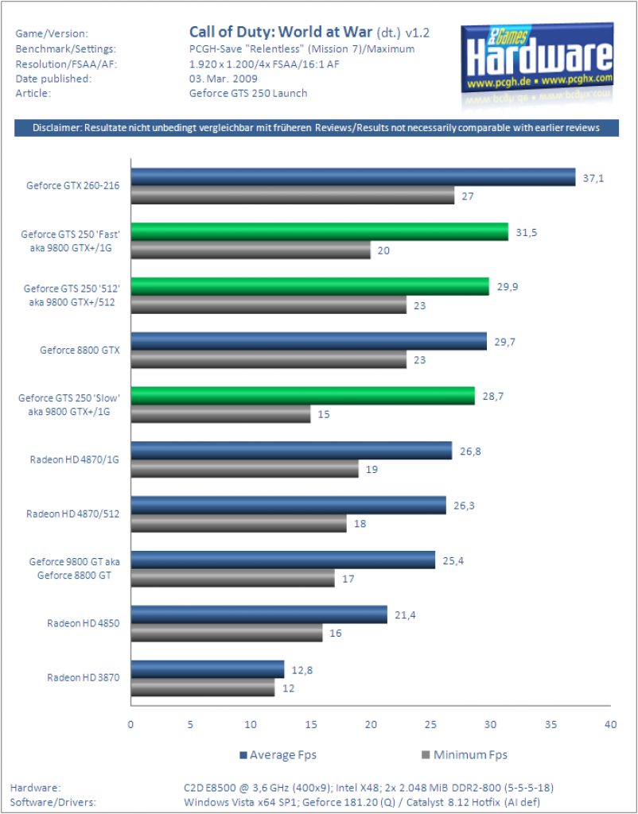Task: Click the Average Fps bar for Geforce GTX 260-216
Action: coord(353,177)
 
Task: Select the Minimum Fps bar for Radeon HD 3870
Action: coord(203,688)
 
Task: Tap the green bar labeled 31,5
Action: coord(320,231)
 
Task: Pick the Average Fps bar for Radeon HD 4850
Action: coord(259,614)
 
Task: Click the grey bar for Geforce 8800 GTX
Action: coord(269,359)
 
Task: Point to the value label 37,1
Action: coord(593,179)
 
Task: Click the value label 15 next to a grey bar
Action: coord(324,414)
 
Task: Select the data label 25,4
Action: coord(453,560)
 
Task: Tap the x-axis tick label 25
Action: coord(430,724)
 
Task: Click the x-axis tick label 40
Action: coord(610,724)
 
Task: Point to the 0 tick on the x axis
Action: coord(130,724)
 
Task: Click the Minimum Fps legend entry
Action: coord(465,755)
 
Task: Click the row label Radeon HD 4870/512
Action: coord(72,514)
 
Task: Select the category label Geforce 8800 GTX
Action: coord(80,350)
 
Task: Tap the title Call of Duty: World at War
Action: coord(281,32)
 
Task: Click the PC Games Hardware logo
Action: coord(537,60)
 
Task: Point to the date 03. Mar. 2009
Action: coord(224,79)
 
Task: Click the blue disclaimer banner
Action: coord(317,128)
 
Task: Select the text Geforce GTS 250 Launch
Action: coord(248,94)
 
